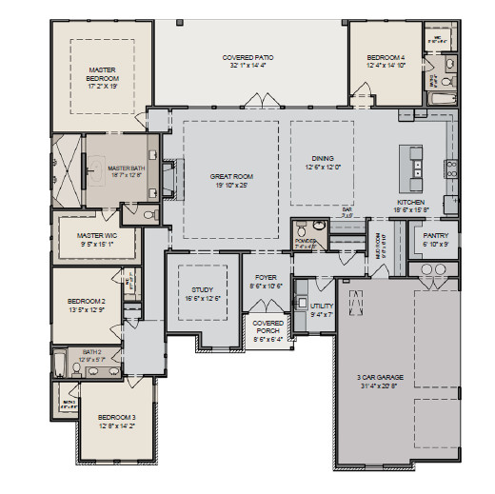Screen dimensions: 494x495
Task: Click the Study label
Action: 202,289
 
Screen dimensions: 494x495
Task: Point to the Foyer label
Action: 266,277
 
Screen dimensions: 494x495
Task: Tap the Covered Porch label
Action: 267,327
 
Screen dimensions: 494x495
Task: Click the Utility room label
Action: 322,306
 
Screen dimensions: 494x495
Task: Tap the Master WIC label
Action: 96,235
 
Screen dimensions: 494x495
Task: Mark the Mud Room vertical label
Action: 378,246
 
